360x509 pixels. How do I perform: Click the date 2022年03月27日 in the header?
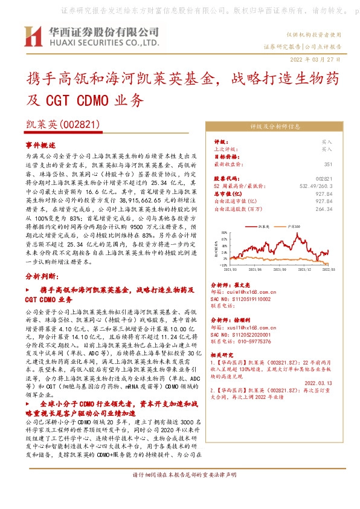point(316,59)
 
